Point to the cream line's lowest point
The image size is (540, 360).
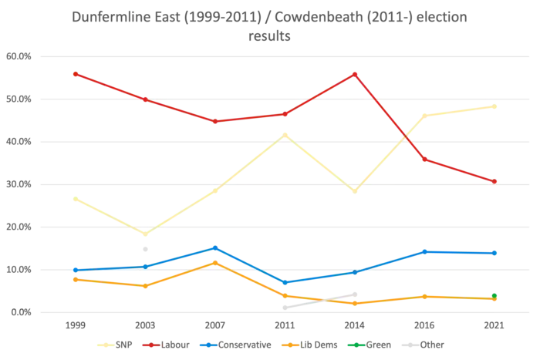point(145,233)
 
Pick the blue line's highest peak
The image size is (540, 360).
point(215,248)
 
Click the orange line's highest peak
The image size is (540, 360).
point(215,262)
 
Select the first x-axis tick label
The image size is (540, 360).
point(75,326)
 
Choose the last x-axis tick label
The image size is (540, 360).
point(494,326)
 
